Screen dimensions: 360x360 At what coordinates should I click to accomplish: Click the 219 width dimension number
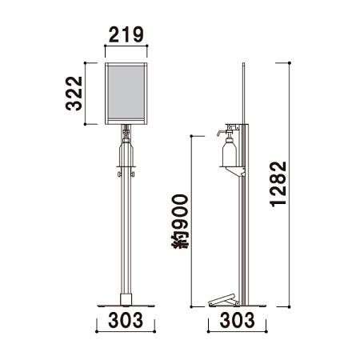pos(126,34)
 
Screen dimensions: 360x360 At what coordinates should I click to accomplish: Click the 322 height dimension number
pos(74,94)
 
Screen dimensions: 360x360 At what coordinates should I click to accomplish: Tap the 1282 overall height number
pos(278,184)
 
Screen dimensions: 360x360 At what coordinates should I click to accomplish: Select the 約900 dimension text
pos(180,222)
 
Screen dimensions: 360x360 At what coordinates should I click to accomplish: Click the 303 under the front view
pos(126,320)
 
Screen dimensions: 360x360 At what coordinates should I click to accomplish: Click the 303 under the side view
pos(237,320)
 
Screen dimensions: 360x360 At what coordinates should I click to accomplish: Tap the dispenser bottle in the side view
pos(229,153)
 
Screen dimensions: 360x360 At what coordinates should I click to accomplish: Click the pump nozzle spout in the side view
pos(221,133)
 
